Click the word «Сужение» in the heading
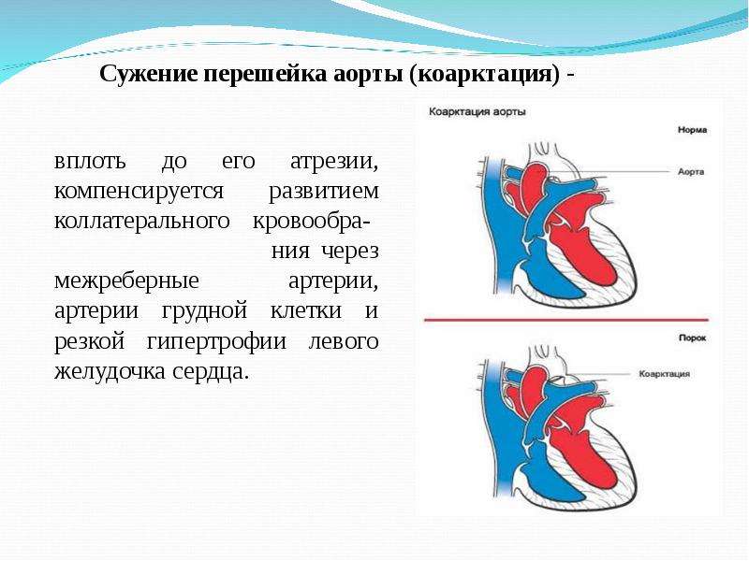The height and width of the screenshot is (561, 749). click(149, 74)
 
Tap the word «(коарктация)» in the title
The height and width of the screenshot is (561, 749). click(483, 75)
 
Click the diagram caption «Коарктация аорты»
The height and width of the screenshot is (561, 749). click(477, 111)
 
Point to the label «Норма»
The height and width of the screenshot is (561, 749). click(692, 130)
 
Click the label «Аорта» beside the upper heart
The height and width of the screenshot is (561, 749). click(691, 171)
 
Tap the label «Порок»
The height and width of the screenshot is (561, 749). click(692, 338)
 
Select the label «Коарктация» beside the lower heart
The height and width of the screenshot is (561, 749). click(665, 373)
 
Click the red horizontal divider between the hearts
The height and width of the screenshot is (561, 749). click(566, 320)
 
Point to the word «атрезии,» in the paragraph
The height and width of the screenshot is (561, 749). click(334, 162)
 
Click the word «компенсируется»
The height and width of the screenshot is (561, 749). click(139, 192)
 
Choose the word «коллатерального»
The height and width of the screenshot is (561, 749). click(142, 221)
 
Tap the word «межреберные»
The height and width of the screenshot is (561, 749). click(126, 280)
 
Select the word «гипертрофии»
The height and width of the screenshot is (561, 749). click(216, 341)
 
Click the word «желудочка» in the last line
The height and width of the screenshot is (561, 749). click(110, 371)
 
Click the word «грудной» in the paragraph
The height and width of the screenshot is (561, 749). click(204, 311)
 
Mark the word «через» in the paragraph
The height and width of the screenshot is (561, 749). click(350, 252)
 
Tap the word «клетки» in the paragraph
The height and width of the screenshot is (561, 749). click(306, 310)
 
